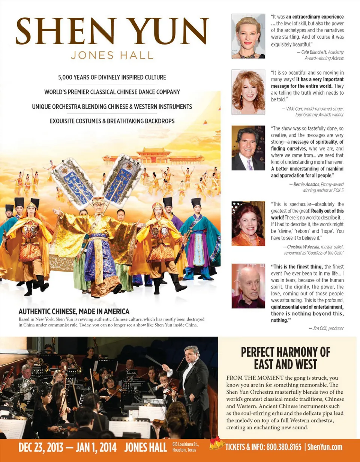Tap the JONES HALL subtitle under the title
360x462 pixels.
112,56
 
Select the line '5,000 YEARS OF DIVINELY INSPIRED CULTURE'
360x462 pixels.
112,78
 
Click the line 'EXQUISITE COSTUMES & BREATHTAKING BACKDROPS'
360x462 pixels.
112,121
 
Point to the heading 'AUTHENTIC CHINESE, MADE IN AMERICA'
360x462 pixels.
74,312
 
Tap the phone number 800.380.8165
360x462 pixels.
284,447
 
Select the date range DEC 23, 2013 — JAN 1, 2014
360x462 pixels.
67,447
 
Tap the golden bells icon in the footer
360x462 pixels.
216,444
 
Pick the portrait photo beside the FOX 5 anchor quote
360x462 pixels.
248,148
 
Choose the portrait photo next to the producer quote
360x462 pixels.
248,286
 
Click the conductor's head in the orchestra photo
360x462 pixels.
192,353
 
